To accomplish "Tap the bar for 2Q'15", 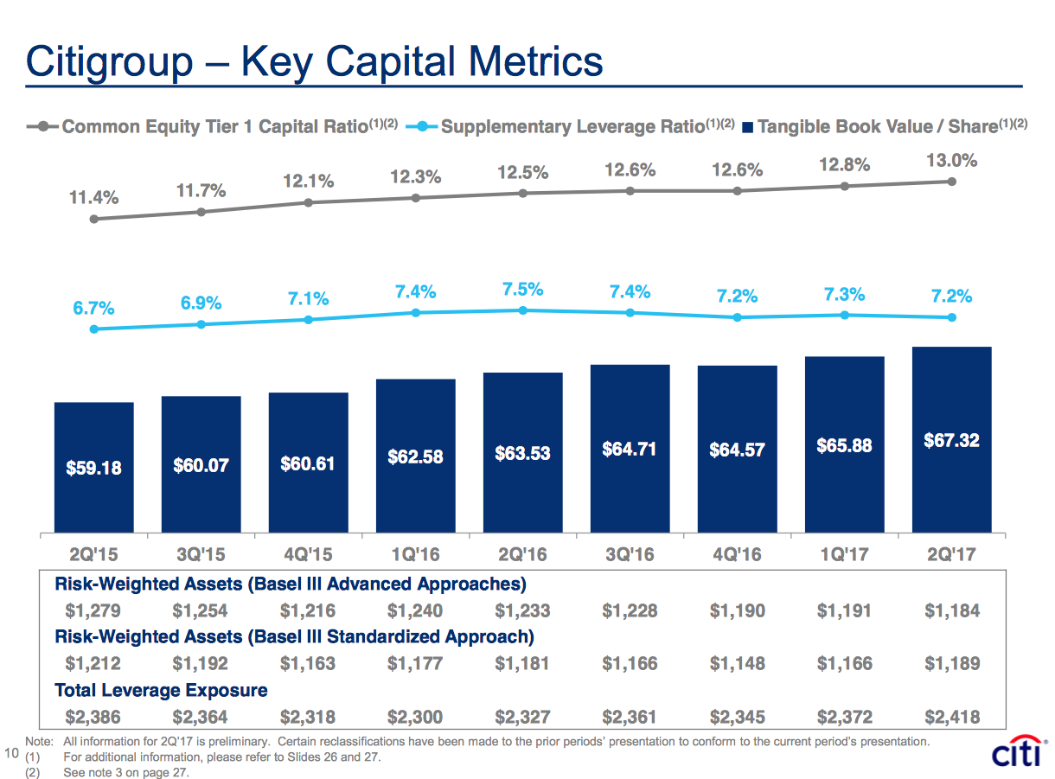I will point(93,467).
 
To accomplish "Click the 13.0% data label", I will point(950,160).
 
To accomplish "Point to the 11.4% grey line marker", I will point(93,220).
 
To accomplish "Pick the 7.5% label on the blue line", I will point(522,290).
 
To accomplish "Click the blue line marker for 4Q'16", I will point(737,317).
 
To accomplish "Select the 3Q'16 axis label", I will point(630,554).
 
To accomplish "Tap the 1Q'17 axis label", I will point(844,554).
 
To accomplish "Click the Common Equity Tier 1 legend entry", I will point(216,127).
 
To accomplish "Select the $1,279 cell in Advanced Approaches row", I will point(93,610).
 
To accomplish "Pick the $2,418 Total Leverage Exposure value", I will point(951,717).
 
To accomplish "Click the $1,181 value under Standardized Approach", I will point(522,664).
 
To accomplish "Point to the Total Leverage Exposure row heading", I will point(161,690).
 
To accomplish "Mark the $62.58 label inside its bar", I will point(415,456).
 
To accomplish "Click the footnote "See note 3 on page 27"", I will point(125,772).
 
